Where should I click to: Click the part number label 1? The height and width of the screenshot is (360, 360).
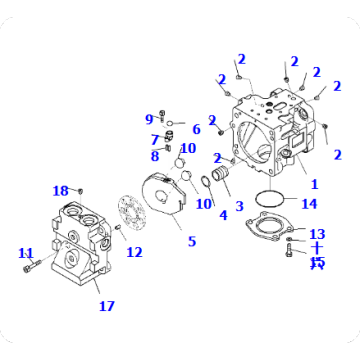[313, 184]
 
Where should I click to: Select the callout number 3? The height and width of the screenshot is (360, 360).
[238, 205]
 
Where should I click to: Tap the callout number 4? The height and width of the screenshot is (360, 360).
[222, 214]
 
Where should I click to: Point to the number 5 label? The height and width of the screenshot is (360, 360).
[192, 241]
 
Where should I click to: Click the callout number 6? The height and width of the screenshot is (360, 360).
[196, 129]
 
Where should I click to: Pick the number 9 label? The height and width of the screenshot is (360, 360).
[149, 120]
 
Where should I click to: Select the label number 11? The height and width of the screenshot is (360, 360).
[26, 253]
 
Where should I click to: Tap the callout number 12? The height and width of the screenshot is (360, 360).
[134, 252]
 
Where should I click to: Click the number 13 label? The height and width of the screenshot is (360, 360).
[317, 233]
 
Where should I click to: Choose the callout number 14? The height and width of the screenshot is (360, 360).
[309, 204]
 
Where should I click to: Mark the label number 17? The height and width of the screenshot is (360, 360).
[106, 306]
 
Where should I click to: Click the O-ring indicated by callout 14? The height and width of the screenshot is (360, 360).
[267, 198]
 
